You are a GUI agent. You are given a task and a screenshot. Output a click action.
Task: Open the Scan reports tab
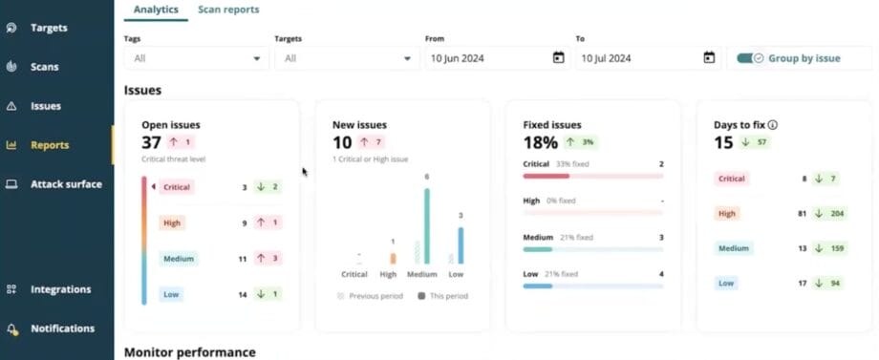228,10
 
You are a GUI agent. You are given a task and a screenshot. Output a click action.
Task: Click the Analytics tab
156,10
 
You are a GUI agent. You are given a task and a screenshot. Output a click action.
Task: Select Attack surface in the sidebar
65,184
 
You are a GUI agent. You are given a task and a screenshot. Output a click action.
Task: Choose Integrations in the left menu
60,289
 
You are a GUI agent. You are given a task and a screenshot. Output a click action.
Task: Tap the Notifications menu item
62,328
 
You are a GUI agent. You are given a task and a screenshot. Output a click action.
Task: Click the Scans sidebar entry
44,67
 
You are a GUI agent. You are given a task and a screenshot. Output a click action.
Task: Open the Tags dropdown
196,58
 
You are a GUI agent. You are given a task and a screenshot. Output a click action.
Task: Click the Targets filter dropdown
347,58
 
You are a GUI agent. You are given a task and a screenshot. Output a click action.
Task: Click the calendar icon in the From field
558,58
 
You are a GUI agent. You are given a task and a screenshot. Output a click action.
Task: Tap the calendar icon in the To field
709,58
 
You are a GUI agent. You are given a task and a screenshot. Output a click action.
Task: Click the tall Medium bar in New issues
426,225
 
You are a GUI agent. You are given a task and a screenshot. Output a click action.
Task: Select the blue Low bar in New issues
461,244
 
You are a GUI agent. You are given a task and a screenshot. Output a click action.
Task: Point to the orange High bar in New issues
392,258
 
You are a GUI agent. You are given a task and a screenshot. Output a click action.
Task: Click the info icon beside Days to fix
772,125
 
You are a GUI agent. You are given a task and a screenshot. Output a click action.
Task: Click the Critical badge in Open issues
176,188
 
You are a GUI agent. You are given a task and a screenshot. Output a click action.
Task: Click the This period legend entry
442,296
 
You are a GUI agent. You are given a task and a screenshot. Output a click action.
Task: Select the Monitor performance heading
189,352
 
